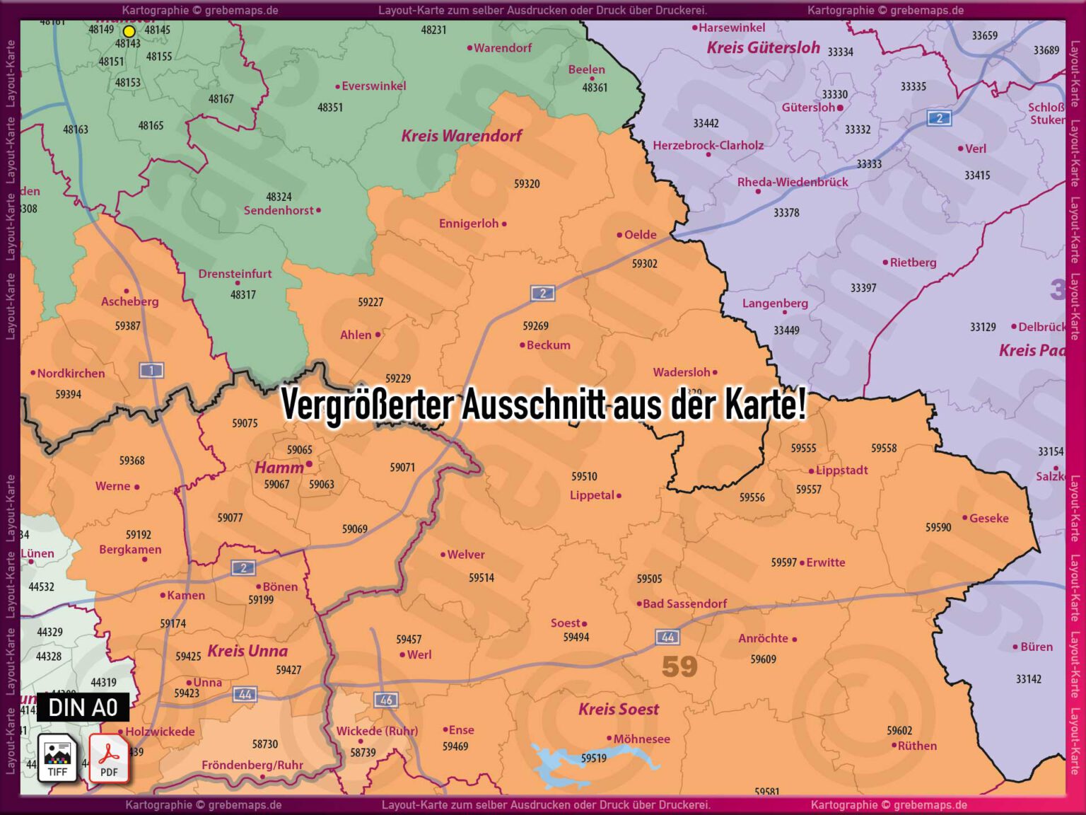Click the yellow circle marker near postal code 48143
(129, 31)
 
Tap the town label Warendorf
(502, 48)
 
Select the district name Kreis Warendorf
(461, 136)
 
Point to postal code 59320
(527, 184)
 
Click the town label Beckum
(548, 345)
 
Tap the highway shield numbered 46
(386, 700)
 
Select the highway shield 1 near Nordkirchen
(151, 369)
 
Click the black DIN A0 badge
(83, 707)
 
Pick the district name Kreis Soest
(618, 710)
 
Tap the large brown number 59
(679, 666)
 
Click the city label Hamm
(279, 468)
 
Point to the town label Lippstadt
(841, 470)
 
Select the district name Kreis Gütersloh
(763, 48)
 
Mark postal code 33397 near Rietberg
(863, 288)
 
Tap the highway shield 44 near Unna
(245, 694)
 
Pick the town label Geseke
(988, 519)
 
